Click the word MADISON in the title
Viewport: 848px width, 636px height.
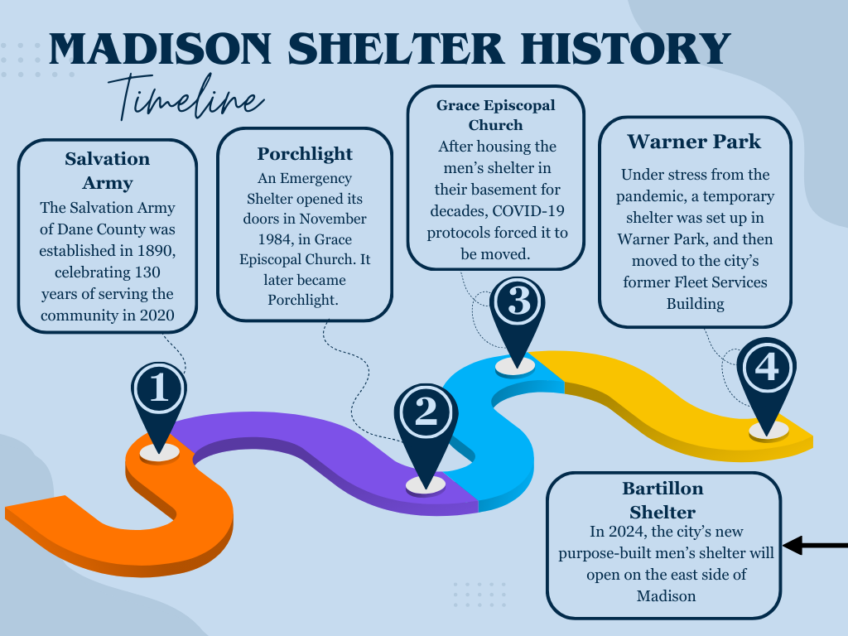click(160, 49)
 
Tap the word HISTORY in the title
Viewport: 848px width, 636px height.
click(626, 49)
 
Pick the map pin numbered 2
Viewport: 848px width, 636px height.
click(426, 432)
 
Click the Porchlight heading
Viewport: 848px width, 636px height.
click(305, 154)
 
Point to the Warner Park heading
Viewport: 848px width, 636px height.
click(694, 142)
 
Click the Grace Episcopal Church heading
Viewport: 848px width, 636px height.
click(495, 114)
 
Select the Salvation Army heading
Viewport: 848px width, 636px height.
click(108, 171)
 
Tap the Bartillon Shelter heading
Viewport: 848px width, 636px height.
click(662, 499)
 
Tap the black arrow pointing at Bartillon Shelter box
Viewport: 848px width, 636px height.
click(815, 545)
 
